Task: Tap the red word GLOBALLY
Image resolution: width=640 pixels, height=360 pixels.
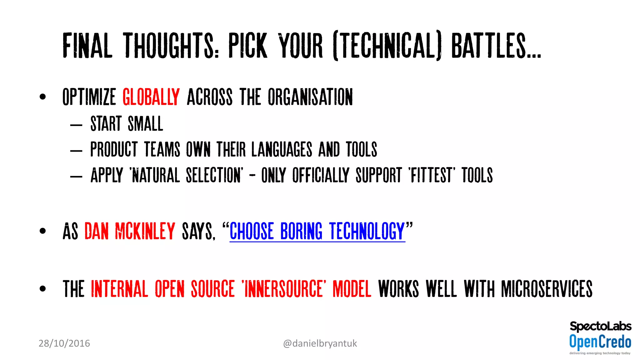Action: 151,97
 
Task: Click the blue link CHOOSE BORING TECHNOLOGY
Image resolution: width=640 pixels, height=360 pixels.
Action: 317,231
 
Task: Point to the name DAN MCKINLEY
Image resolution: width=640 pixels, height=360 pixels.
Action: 130,231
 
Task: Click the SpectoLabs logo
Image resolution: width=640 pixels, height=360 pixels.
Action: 600,326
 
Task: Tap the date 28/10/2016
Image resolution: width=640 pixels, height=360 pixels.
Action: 64,343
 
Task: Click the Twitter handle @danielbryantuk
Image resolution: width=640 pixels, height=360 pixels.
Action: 320,343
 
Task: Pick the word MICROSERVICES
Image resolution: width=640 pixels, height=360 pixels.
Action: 547,289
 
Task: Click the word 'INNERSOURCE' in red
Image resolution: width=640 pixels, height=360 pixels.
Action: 284,289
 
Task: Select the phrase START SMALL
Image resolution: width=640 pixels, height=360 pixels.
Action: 127,124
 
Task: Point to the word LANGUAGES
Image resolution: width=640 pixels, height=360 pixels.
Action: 282,149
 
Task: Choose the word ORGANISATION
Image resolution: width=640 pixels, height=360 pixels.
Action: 310,97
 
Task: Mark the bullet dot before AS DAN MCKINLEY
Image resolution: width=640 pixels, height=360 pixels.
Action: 43,231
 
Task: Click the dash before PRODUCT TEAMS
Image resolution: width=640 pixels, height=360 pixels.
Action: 76,151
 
